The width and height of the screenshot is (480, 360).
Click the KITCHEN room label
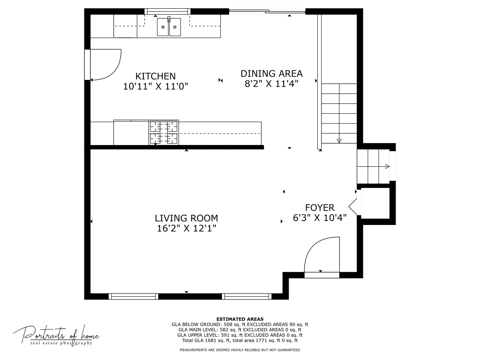coord(155,76)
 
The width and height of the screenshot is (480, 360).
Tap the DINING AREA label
coord(271,74)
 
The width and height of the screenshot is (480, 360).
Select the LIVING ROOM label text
coord(186,218)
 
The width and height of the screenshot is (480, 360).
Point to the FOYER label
coord(320,207)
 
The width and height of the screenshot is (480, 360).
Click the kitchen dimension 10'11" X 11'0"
coord(155,86)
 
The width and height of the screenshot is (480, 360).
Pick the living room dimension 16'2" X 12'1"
coord(186,228)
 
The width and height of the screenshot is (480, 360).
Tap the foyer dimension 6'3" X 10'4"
coord(320,218)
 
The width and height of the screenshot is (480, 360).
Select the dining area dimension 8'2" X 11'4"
coord(271,84)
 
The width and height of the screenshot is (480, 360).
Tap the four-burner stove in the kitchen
coord(164,132)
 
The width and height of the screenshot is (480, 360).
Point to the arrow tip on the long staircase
coord(339,141)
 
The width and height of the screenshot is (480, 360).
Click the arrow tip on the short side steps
coord(387,167)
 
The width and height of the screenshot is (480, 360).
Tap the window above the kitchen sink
coord(167,11)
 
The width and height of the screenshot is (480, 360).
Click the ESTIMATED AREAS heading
coord(240,319)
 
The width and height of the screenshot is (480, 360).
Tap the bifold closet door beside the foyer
coord(353,207)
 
